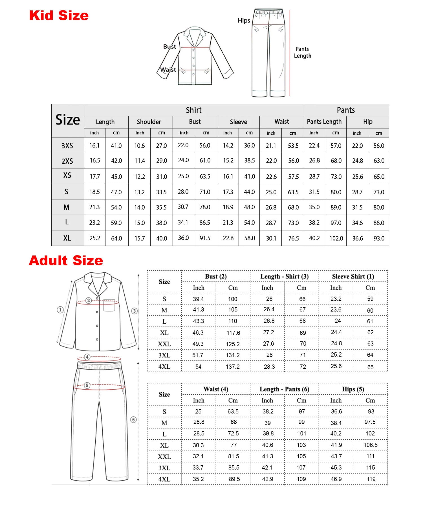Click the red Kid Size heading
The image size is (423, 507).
point(59,15)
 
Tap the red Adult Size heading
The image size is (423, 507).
point(66,261)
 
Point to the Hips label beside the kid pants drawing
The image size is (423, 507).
point(244,21)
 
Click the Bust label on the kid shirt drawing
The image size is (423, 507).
point(169,46)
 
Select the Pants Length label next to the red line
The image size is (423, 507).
point(303,52)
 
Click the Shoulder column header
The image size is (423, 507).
point(149,122)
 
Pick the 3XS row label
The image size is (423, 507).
point(67,146)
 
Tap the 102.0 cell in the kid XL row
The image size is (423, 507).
point(336,238)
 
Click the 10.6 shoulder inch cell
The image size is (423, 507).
point(140,146)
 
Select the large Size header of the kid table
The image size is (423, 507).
point(68,120)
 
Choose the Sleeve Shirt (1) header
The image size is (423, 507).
point(353,276)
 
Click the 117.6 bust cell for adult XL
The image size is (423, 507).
point(233,333)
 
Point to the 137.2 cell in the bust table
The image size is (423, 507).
point(233,367)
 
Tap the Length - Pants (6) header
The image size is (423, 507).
point(284,389)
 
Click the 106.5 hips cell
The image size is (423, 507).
point(371,445)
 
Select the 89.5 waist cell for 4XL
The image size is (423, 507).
point(234,479)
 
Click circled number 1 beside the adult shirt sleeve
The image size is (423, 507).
point(60,310)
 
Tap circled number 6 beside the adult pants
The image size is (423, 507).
point(134,420)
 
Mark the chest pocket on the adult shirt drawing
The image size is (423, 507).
point(109,305)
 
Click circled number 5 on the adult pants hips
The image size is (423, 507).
point(87,385)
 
